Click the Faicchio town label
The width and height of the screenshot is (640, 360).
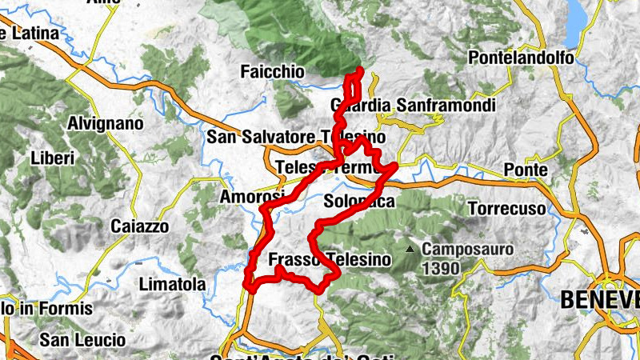tap(272, 72)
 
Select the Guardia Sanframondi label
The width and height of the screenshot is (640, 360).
tap(413, 106)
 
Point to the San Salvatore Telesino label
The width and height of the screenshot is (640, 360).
tap(296, 137)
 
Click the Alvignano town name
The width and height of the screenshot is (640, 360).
tap(106, 124)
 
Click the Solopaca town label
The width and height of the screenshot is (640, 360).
tap(359, 202)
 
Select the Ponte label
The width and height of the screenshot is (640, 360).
tap(526, 170)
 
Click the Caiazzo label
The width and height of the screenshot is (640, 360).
tap(140, 226)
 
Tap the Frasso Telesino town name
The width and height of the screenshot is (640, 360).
tap(330, 260)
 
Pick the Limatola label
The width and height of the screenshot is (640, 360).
tap(172, 284)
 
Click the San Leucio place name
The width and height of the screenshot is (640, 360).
tap(83, 340)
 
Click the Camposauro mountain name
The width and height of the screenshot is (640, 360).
tap(468, 250)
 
